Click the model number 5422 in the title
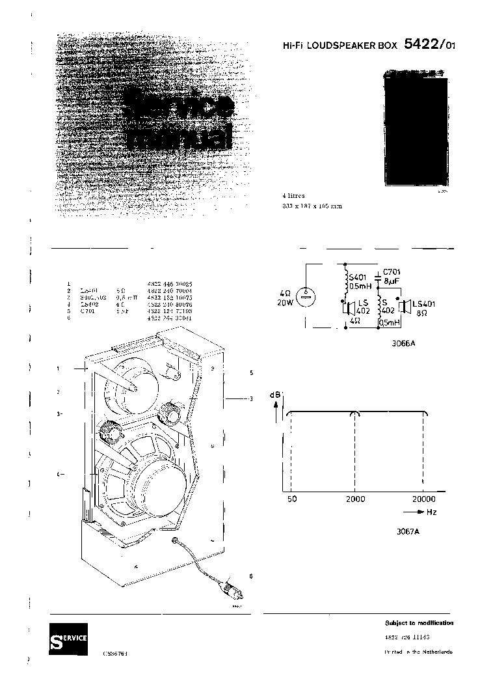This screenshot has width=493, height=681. (423, 45)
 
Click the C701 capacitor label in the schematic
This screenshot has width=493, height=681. (392, 271)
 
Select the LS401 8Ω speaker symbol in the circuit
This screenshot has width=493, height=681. (405, 307)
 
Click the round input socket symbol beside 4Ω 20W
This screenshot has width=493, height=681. (308, 295)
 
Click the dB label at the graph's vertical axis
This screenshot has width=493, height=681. (276, 395)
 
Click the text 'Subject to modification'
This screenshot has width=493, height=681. (419, 623)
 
